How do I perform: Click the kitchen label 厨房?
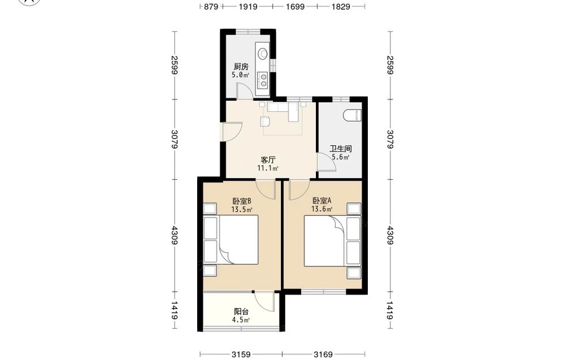pyautogui.click(x=241, y=67)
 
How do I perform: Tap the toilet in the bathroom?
pyautogui.click(x=353, y=115)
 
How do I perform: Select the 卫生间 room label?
pyautogui.click(x=341, y=149)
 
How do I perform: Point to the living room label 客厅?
pyautogui.click(x=268, y=159)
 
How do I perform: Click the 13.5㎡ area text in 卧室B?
pyautogui.click(x=241, y=209)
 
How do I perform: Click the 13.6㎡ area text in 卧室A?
pyautogui.click(x=322, y=209)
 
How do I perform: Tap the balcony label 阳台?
pyautogui.click(x=241, y=312)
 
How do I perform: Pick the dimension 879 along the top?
pyautogui.click(x=211, y=6)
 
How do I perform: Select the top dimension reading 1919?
pyautogui.click(x=248, y=6)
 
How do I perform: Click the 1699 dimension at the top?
pyautogui.click(x=295, y=6)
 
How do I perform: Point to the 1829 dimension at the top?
pyautogui.click(x=341, y=6)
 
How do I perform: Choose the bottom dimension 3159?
pyautogui.click(x=241, y=354)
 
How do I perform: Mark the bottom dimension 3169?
pyautogui.click(x=323, y=354)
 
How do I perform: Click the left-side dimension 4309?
pyautogui.click(x=175, y=235)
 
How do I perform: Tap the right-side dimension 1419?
pyautogui.click(x=390, y=310)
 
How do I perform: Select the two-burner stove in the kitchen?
pyautogui.click(x=263, y=80)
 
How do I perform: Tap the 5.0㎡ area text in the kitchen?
pyautogui.click(x=240, y=75)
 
